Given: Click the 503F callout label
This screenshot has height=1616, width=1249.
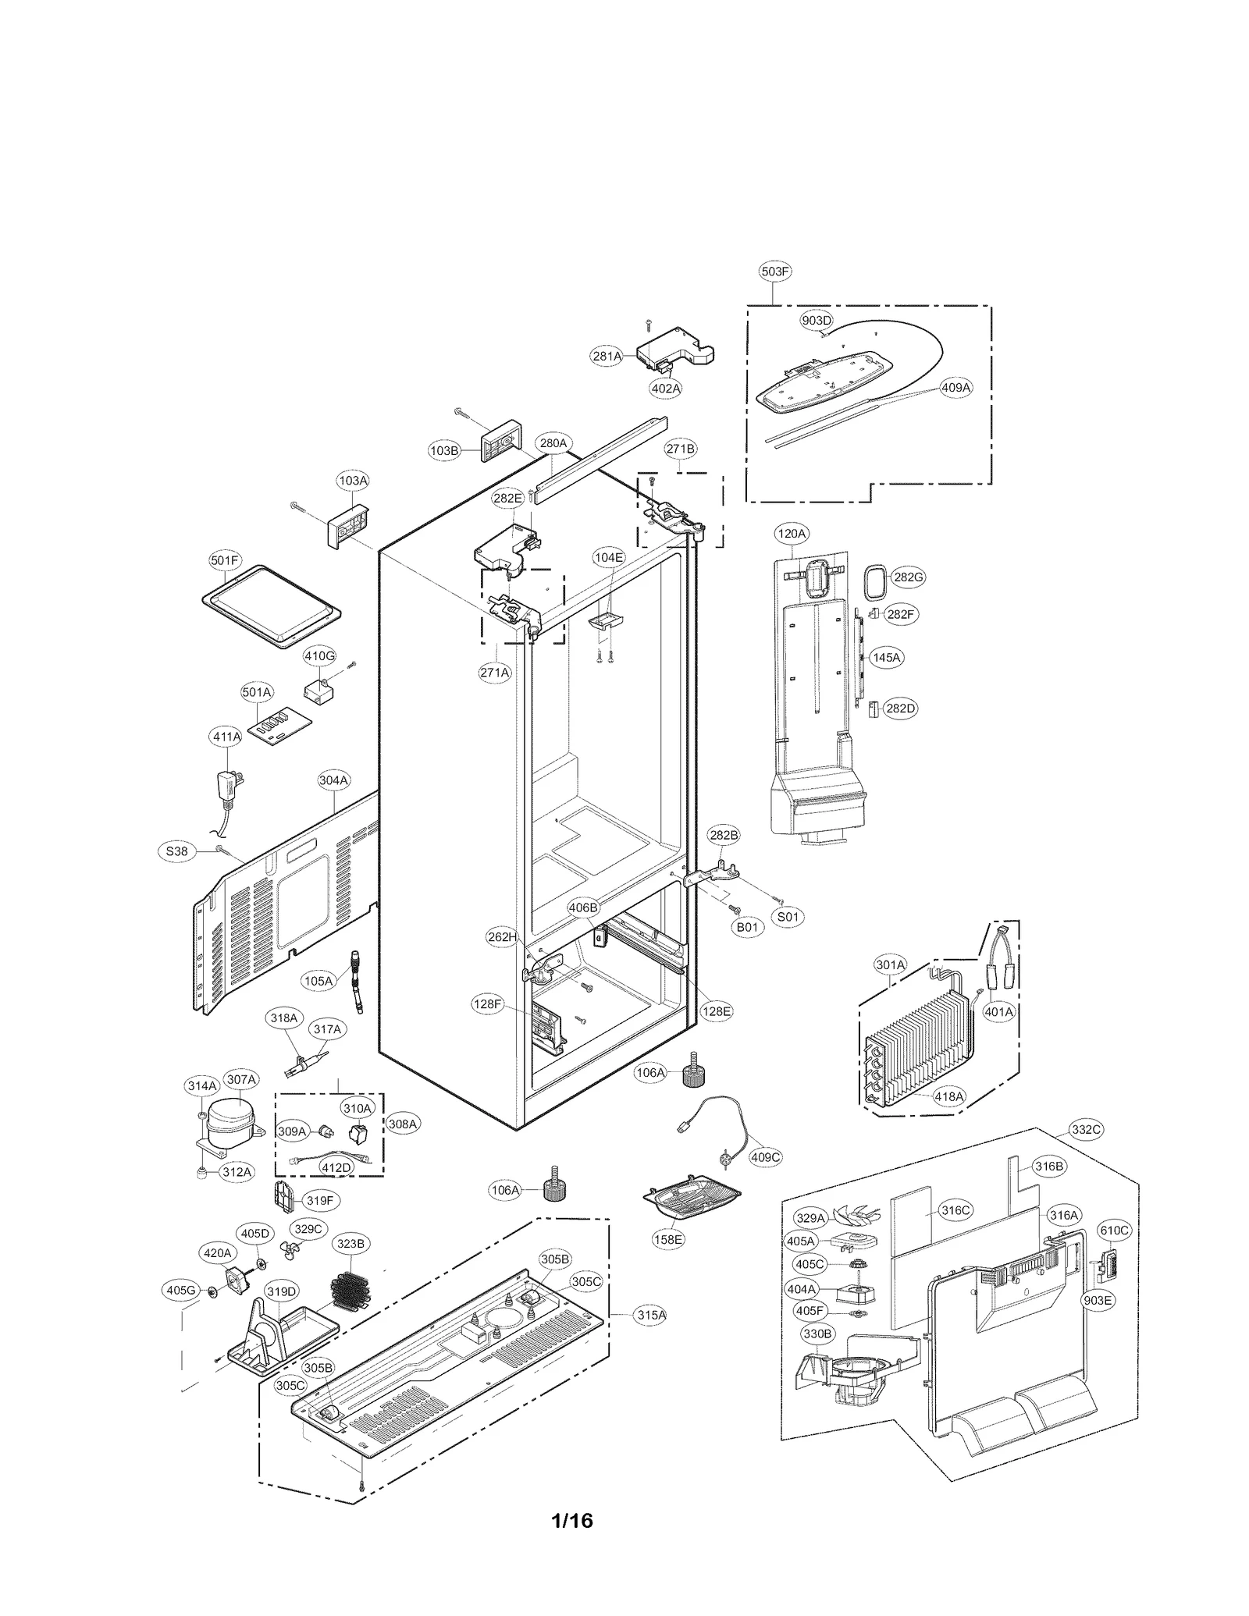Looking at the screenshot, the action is point(774,272).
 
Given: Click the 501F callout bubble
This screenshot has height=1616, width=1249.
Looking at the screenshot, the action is point(225,560).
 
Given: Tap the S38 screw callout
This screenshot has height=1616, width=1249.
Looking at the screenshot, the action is point(177,851).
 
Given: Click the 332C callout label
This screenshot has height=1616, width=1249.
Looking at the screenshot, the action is point(1086,1129).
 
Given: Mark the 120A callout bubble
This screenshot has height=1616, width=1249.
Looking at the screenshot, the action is point(791,534).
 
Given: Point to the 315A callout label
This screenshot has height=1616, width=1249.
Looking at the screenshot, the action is point(651,1315).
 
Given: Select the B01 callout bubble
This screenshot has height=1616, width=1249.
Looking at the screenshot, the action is point(747,928).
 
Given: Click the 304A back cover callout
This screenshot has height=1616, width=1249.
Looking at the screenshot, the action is point(333,780).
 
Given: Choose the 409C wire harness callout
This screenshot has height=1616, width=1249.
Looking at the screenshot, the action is point(765,1157).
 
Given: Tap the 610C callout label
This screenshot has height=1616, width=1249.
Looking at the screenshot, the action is point(1114,1231).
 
